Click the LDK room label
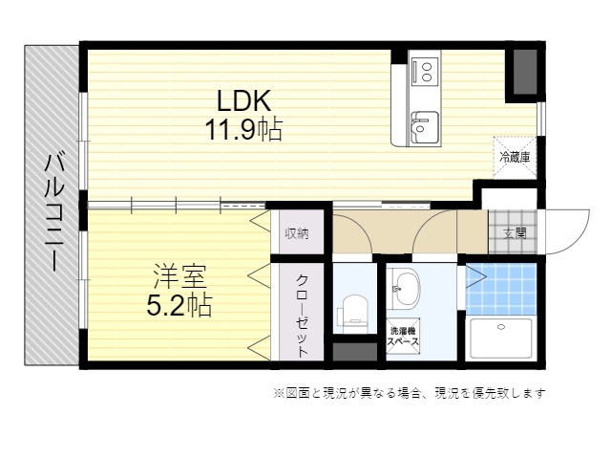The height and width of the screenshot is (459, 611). click(243, 100)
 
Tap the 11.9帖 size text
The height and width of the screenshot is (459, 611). click(243, 129)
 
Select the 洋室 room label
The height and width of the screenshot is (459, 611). click(179, 276)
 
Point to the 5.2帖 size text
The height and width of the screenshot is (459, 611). click(179, 305)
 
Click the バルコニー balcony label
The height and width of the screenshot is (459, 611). click(53, 212)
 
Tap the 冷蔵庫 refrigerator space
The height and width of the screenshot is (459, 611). click(515, 157)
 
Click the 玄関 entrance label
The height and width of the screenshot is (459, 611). click(515, 233)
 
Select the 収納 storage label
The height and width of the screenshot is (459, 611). click(297, 233)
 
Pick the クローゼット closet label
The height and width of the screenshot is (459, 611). click(303, 316)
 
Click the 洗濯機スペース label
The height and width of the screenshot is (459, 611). click(403, 337)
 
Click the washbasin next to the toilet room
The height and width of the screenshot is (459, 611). click(405, 289)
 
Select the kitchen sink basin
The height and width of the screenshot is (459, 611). click(424, 127)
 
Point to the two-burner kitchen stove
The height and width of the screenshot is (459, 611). click(425, 71)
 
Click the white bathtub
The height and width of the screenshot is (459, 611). click(501, 339)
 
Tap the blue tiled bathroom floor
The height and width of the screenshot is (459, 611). click(501, 289)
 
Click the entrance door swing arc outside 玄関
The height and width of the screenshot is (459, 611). click(579, 241)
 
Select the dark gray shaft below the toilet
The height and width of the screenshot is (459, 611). click(355, 352)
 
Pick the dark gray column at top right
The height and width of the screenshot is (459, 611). click(525, 72)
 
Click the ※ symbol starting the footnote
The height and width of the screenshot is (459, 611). click(279, 393)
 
